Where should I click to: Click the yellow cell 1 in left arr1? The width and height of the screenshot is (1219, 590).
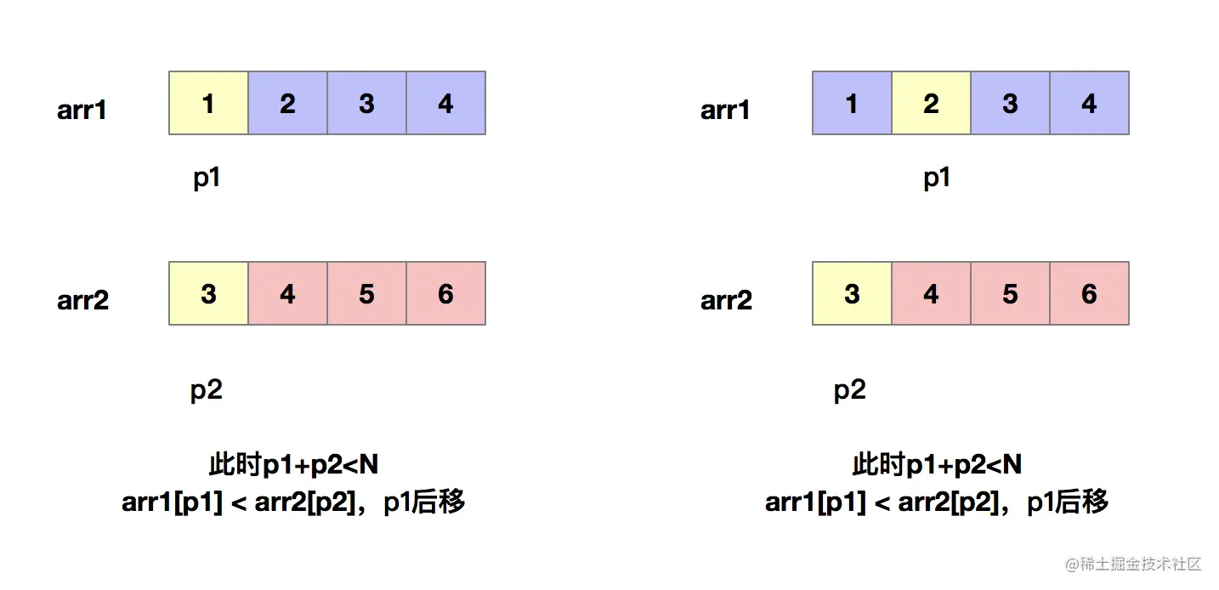[x=208, y=103]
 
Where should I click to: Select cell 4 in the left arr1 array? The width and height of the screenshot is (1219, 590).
[x=445, y=103]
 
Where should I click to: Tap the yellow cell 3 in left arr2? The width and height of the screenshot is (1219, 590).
[x=208, y=293]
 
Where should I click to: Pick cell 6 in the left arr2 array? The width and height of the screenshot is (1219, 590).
[x=445, y=293]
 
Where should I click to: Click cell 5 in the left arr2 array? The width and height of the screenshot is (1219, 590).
[x=366, y=293]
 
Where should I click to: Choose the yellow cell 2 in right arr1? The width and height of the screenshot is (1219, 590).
[x=931, y=103]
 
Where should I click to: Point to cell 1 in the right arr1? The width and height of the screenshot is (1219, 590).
[x=852, y=103]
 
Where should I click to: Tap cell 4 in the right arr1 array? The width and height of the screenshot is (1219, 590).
[x=1089, y=103]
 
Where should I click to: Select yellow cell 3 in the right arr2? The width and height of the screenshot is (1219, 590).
[x=852, y=293]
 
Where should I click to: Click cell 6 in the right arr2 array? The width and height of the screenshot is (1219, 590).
[x=1089, y=293]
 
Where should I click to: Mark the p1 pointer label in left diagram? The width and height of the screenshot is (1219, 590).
[x=207, y=179]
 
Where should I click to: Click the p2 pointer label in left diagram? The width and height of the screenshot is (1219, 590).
[x=207, y=390]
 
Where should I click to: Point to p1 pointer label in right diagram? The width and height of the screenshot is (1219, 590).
[x=937, y=179]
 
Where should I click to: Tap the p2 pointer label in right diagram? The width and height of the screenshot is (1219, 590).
[x=850, y=390]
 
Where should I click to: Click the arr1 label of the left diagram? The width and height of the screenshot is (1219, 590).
[x=82, y=111]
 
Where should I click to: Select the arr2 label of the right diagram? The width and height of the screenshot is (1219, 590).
[x=726, y=301]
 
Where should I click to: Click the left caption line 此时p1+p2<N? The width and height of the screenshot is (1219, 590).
[x=293, y=464]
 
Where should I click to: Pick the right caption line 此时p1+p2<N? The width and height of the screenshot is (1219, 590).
[x=937, y=464]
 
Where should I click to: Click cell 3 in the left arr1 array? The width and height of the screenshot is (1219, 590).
[x=366, y=103]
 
